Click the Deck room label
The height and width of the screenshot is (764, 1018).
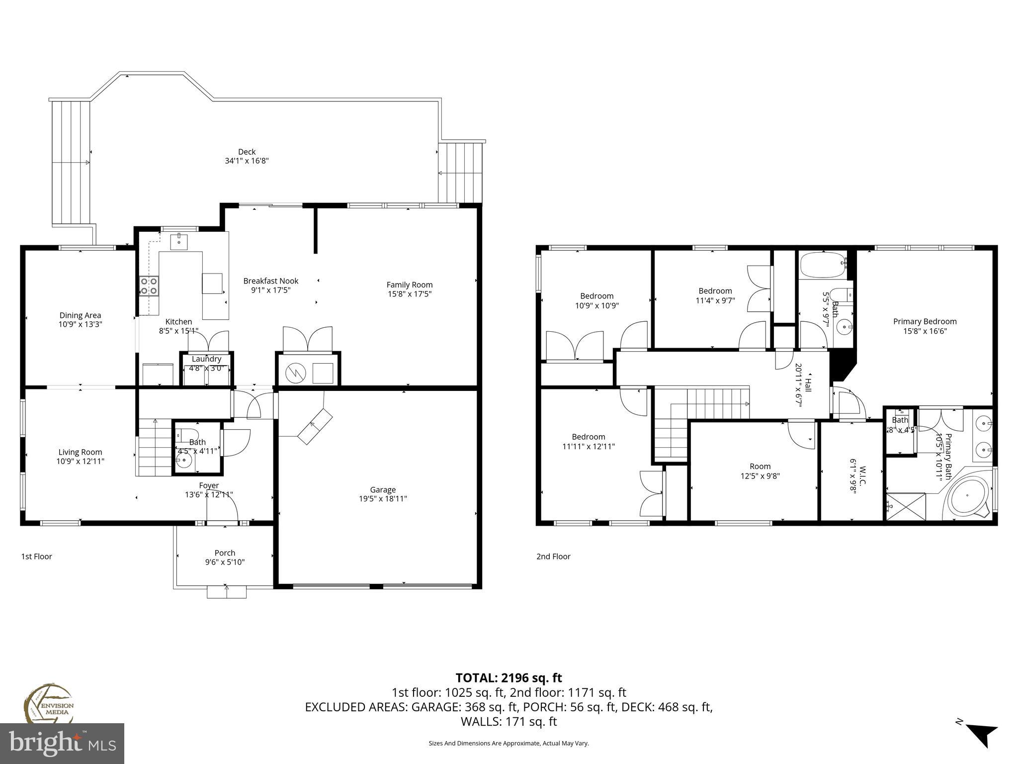(x=247, y=152)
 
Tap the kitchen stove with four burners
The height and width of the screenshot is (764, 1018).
(x=149, y=286)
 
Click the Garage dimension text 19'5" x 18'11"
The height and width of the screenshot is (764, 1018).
(x=383, y=498)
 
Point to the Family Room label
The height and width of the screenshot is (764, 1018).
(x=410, y=285)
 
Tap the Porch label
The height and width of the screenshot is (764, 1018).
(x=225, y=553)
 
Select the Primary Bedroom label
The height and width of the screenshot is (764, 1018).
(x=925, y=321)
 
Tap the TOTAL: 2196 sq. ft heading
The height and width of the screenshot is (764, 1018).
(x=509, y=677)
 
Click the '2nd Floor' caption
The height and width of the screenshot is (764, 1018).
(x=553, y=556)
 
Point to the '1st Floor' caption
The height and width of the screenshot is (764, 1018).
(x=36, y=556)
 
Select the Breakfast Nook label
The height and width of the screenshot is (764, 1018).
(x=270, y=281)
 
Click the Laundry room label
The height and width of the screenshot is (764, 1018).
(x=206, y=359)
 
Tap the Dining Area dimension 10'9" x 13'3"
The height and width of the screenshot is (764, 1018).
(x=80, y=324)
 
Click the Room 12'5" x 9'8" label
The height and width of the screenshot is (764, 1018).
(x=760, y=466)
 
